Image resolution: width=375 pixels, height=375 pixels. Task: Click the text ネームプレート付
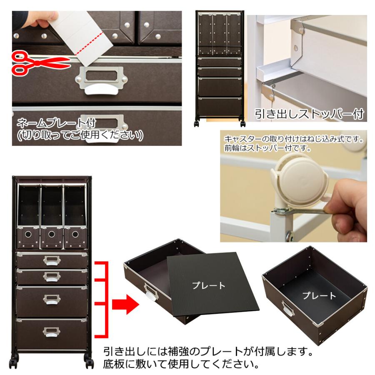tap(56, 123)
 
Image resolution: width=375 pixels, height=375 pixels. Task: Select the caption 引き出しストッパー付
tap(309, 114)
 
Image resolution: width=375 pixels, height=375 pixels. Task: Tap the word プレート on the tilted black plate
tap(208, 286)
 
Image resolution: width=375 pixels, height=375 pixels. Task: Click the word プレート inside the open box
tap(319, 296)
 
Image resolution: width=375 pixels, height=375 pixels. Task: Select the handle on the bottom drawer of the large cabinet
tap(51, 331)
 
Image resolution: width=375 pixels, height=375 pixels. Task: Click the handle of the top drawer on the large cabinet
tap(51, 261)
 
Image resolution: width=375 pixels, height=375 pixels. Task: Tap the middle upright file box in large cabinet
tap(52, 217)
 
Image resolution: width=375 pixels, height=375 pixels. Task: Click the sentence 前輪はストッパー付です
tap(267, 147)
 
